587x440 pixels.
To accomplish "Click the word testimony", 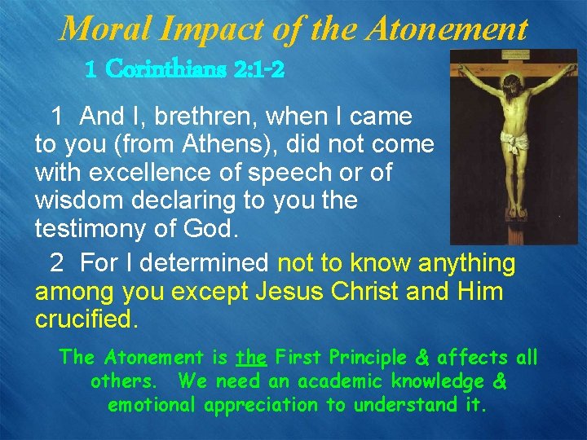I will click(x=91, y=229).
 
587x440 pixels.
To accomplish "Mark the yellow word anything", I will click(x=466, y=263).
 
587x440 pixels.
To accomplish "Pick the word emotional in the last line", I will click(x=154, y=404).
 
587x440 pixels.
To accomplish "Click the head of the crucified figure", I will click(x=510, y=80).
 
